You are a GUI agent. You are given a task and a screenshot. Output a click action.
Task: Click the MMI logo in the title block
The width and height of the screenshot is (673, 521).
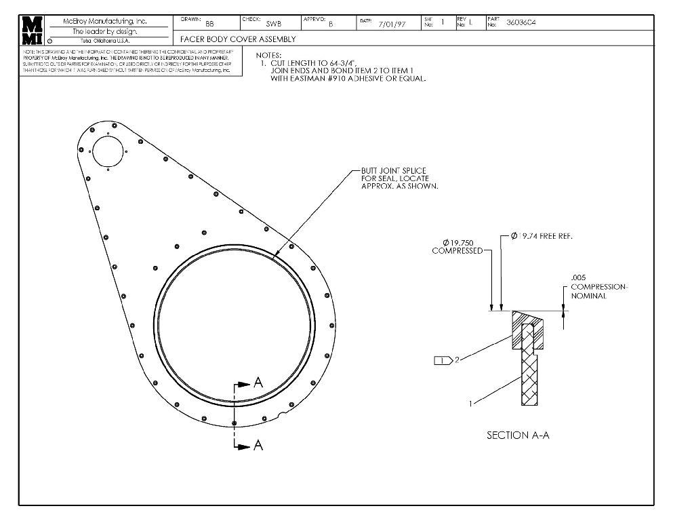pos(32,29)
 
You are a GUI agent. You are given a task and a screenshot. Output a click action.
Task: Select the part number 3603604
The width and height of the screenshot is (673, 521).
pos(521,22)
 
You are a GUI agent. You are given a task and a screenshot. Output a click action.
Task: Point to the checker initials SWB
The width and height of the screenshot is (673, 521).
pos(274,24)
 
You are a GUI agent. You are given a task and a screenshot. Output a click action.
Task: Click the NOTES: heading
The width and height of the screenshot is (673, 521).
pos(268,55)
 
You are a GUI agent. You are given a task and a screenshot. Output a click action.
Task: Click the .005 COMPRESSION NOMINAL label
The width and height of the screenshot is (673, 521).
pos(598,287)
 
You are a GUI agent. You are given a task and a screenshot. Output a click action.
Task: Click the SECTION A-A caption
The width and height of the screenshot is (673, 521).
pos(518,435)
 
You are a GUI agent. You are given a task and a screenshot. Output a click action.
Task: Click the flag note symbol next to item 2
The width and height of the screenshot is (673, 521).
pos(443,360)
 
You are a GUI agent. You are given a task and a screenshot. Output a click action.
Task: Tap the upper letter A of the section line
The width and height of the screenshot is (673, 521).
pos(258,383)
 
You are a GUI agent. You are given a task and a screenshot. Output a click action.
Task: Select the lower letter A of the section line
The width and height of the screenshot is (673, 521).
pos(258,446)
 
